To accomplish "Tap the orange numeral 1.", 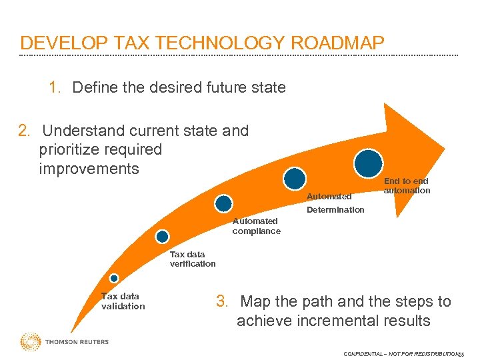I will click(55, 87).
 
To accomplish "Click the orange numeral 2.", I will click(25, 131).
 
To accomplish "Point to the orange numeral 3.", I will click(223, 302).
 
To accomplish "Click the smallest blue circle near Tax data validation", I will click(114, 278).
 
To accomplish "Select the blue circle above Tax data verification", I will click(162, 236).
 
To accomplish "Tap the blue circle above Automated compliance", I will click(224, 203).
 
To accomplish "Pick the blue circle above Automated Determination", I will click(294, 178).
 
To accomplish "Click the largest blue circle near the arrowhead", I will click(369, 163).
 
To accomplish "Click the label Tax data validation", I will click(123, 301).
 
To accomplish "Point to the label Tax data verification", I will click(193, 259).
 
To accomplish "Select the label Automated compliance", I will click(256, 226).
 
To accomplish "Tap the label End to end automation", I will click(407, 185).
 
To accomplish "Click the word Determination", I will click(335, 210).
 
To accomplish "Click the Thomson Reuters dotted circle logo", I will click(31, 342).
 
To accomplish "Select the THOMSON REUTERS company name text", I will click(77, 342).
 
